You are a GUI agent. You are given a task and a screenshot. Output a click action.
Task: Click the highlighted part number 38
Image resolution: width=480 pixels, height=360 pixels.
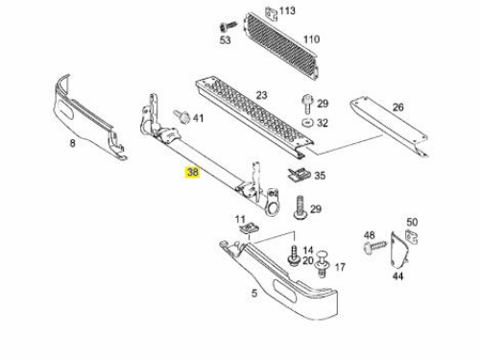(192, 172)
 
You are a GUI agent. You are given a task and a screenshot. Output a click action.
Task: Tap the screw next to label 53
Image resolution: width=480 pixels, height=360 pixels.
(228, 26)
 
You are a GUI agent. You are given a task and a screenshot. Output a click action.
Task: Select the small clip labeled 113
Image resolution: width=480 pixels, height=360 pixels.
(271, 13)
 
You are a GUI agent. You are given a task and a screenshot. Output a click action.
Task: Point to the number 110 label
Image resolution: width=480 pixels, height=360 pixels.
(311, 39)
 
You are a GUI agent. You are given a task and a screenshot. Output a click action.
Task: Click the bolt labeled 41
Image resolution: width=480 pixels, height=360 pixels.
(181, 116)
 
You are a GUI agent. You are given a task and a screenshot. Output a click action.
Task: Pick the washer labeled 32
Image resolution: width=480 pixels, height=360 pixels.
(308, 123)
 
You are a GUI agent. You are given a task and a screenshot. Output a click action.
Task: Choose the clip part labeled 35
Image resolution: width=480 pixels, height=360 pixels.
(299, 174)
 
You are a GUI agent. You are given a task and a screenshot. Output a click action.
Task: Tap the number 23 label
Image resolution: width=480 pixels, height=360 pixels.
(261, 95)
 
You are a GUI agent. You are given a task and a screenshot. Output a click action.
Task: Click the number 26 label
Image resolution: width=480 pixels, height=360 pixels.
(397, 108)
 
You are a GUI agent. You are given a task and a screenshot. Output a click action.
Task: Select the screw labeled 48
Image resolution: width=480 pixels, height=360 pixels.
(375, 247)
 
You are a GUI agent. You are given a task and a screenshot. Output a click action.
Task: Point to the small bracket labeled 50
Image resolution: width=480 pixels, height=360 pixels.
(412, 237)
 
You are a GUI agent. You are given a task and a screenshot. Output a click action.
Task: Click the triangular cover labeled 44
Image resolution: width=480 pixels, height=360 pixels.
(399, 251)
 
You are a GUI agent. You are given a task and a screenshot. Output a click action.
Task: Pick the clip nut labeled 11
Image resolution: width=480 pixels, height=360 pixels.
(250, 228)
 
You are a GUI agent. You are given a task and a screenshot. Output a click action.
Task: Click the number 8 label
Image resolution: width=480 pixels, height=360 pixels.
(73, 143)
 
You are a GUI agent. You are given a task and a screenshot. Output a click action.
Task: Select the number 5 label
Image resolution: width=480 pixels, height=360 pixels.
(254, 293)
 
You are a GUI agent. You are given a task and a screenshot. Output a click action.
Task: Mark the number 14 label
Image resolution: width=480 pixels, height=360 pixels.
(308, 250)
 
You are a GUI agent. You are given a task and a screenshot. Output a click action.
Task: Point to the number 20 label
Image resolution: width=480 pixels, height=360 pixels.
(308, 260)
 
